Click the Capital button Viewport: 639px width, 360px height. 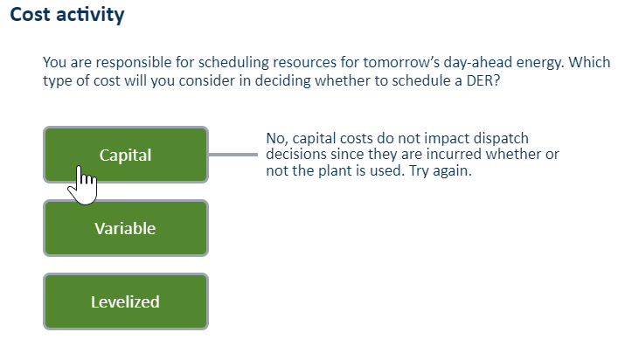click(126, 155)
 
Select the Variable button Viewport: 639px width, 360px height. click(126, 228)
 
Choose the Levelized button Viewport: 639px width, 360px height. click(126, 301)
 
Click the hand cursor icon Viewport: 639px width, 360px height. click(83, 185)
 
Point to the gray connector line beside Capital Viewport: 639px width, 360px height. click(233, 155)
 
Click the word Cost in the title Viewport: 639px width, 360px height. click(30, 14)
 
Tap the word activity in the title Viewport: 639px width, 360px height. click(90, 15)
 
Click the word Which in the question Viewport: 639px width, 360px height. click(589, 62)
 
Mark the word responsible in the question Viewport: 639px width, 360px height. click(134, 63)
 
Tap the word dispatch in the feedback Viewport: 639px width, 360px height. click(500, 139)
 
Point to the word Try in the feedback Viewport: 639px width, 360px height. click(419, 171)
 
